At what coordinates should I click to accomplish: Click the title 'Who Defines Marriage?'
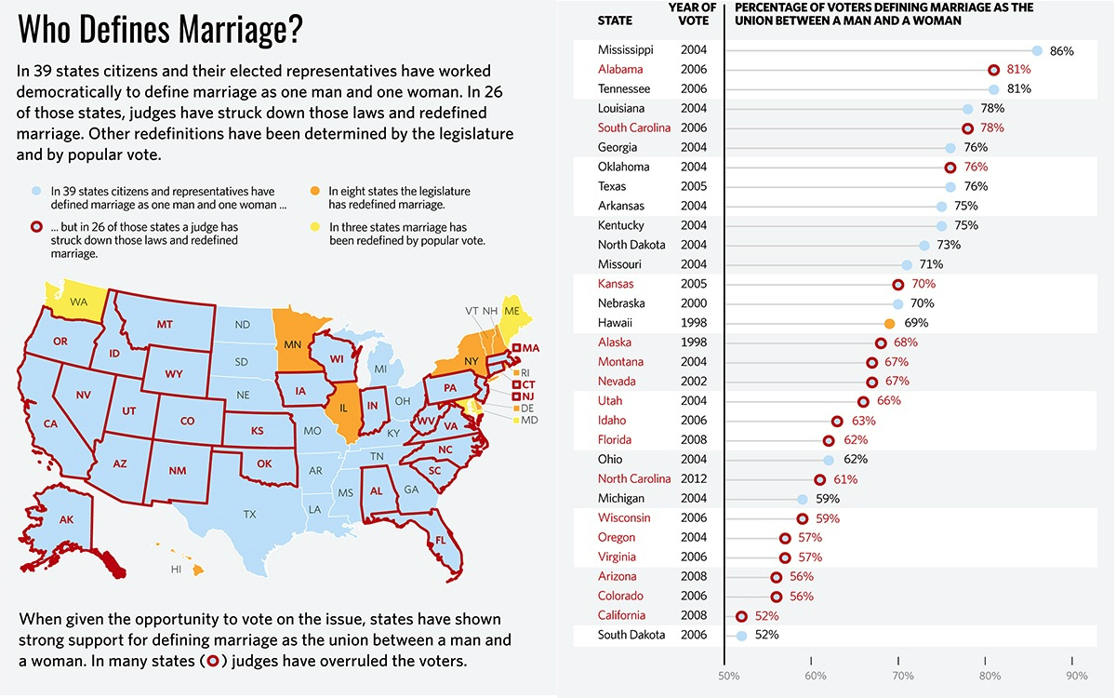click(160, 31)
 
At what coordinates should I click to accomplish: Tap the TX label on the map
click(249, 514)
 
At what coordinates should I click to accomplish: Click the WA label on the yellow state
click(78, 302)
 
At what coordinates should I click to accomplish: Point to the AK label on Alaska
click(66, 519)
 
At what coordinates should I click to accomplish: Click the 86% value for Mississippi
click(1061, 51)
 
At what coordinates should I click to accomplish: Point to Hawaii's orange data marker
click(889, 323)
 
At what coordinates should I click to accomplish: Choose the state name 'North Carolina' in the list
click(634, 479)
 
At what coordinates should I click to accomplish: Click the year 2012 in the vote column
click(694, 479)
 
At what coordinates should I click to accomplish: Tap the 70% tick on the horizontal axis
click(902, 675)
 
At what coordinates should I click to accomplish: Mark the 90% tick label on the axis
click(1076, 675)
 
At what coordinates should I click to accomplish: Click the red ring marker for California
click(741, 616)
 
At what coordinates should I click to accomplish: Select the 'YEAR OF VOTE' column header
click(693, 14)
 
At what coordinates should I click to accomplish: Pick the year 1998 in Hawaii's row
click(694, 323)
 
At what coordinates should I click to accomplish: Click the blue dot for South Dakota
click(741, 636)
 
